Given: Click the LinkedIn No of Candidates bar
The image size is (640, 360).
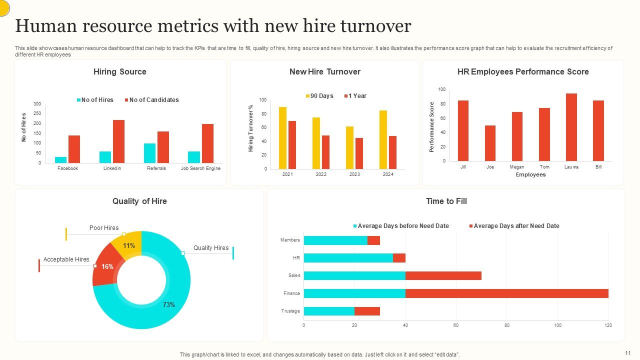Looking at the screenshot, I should [118, 141].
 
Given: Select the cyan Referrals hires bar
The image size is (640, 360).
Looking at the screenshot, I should [149, 153].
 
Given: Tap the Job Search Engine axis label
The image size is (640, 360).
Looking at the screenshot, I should [200, 168].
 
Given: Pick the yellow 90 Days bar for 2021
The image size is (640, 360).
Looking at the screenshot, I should [282, 138].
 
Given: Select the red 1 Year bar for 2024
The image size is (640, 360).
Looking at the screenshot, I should [392, 152].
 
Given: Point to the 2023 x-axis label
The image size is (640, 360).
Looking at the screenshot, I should [354, 174].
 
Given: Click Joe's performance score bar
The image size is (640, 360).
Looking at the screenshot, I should [490, 143].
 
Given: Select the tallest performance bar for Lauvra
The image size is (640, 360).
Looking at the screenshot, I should [571, 127].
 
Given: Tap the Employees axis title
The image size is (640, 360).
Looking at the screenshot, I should [530, 174].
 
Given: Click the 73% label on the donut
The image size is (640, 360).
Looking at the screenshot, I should [168, 304].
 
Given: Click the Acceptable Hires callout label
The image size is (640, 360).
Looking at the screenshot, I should [66, 259].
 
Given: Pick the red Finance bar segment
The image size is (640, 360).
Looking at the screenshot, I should [506, 293].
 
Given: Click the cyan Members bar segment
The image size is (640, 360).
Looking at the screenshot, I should [335, 240].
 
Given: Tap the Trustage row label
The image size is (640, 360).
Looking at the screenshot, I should [290, 311].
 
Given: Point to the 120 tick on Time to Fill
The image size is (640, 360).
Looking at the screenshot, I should [608, 325].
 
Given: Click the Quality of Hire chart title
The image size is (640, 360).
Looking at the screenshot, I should [139, 201].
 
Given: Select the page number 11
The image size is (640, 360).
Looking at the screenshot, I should [628, 352].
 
